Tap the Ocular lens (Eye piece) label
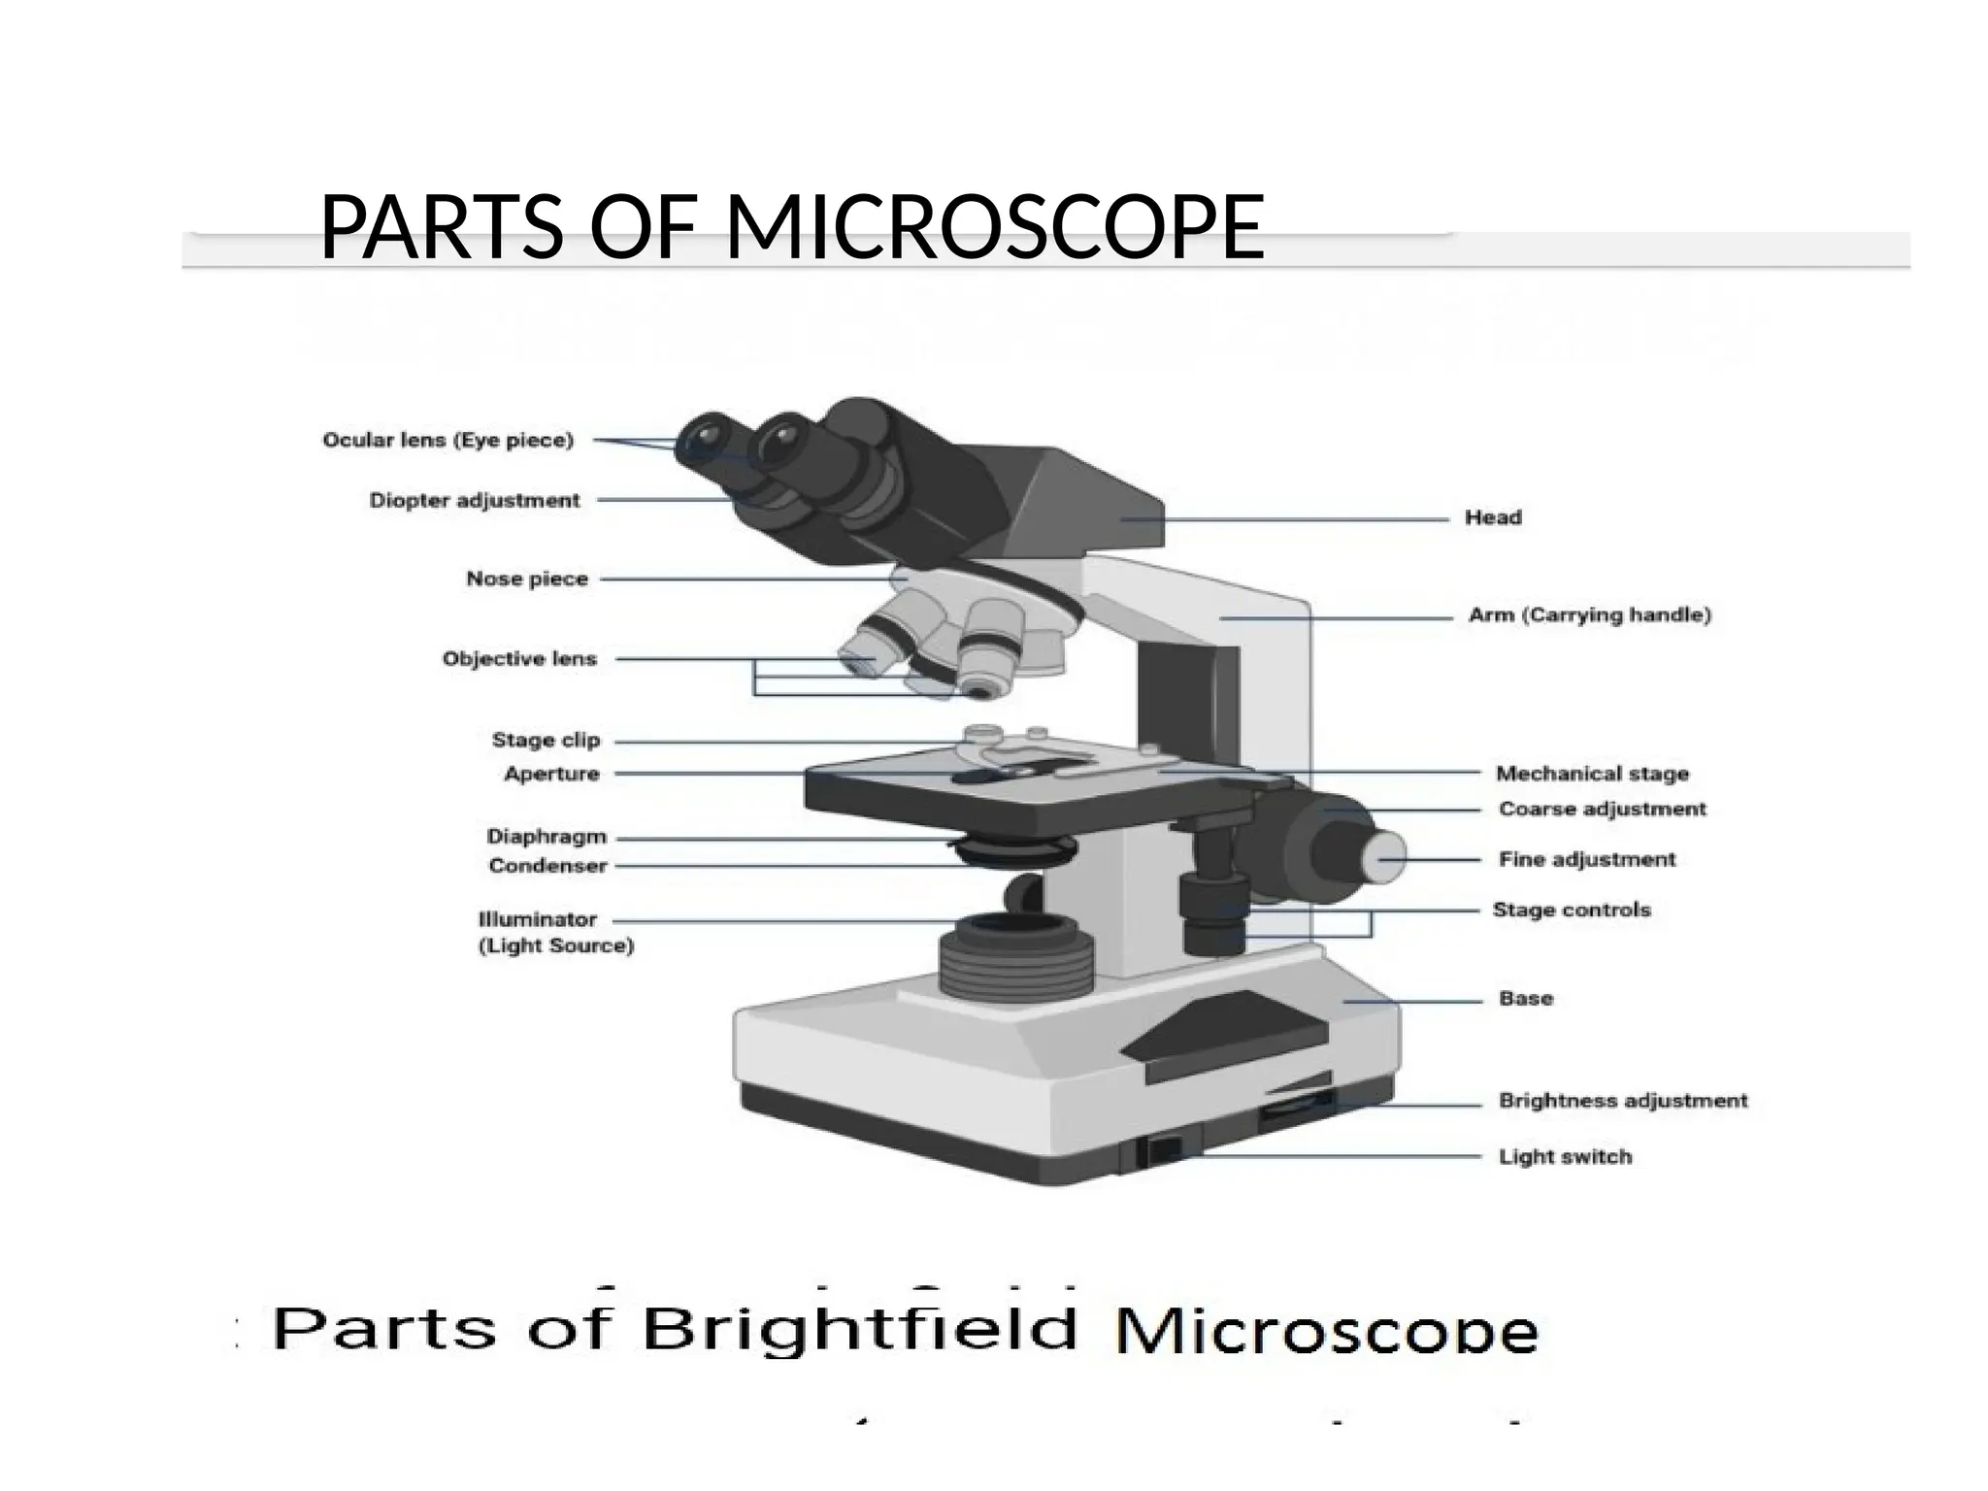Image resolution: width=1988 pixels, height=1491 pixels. [447, 441]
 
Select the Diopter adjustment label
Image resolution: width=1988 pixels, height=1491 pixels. [474, 501]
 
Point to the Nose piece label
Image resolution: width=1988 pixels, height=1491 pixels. [527, 580]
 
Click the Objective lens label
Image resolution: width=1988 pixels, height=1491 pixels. [519, 659]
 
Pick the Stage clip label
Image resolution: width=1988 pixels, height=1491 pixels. [546, 741]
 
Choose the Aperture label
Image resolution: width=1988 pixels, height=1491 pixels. [551, 774]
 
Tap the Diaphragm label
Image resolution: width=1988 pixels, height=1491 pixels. [547, 837]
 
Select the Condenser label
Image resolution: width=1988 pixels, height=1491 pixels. [547, 866]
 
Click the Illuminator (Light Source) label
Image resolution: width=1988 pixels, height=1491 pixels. [555, 933]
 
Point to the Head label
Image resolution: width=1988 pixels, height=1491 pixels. [1493, 518]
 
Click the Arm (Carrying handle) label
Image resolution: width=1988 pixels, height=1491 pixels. [1590, 615]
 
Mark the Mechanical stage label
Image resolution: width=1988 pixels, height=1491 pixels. [1592, 774]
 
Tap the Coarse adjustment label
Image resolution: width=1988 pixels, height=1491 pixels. [1602, 809]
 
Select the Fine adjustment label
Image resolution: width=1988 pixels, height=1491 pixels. [1587, 859]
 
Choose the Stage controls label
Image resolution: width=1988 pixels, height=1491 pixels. [1572, 910]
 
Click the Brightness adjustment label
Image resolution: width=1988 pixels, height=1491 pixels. [1623, 1101]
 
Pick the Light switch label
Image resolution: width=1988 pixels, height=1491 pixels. [1565, 1156]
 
